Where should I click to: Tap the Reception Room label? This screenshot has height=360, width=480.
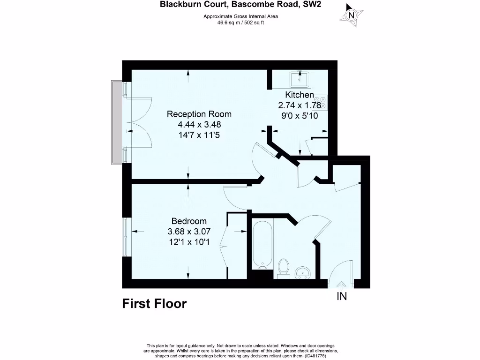(x=199, y=114)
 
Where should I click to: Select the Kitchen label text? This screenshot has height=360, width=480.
(x=300, y=95)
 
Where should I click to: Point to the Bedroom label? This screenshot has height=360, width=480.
(x=189, y=221)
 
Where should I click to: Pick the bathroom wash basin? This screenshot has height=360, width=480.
(x=304, y=272)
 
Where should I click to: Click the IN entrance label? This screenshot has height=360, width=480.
(x=342, y=296)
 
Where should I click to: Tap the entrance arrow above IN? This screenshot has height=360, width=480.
(x=341, y=285)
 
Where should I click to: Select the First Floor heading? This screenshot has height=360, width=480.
(x=154, y=304)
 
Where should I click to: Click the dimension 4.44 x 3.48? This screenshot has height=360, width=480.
(x=199, y=124)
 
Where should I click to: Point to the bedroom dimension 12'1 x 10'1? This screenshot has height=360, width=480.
(x=189, y=242)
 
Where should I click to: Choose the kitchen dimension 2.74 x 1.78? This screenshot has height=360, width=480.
(x=300, y=105)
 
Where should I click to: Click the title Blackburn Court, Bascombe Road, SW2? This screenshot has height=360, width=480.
(x=241, y=5)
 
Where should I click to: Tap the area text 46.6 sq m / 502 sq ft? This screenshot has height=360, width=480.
(x=240, y=22)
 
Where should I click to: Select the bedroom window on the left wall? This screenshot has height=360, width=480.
(x=125, y=237)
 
